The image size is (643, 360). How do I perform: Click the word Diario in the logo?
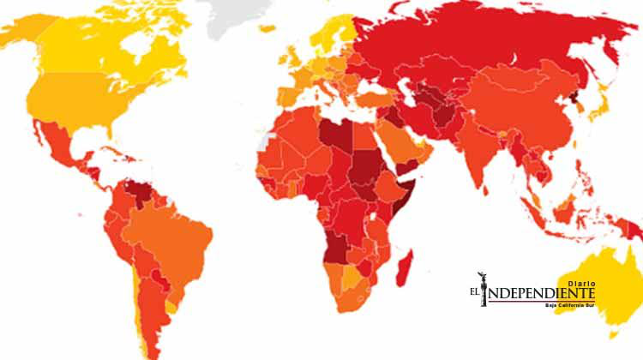[x=580, y=278]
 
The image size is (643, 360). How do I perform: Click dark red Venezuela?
[x=140, y=192]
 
